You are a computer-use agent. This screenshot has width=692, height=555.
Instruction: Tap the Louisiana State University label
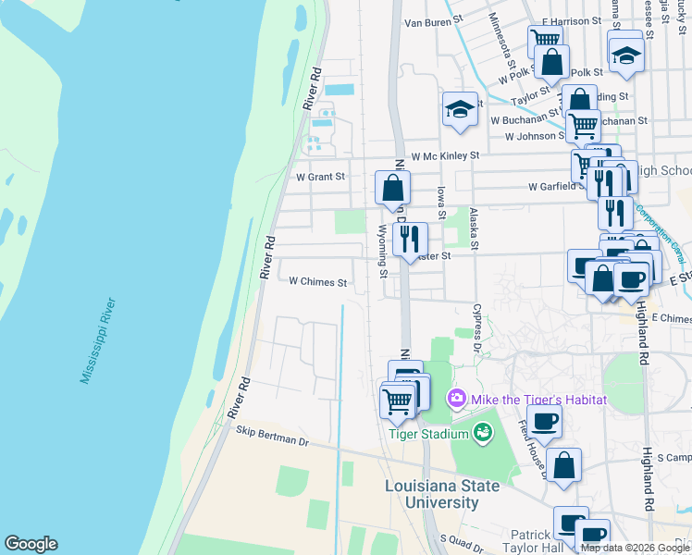pos(443,495)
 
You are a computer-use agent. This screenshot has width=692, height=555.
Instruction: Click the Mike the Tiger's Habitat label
pos(539,400)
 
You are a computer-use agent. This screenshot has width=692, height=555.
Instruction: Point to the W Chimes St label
pos(317,282)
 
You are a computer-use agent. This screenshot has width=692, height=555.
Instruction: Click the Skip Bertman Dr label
pos(271,436)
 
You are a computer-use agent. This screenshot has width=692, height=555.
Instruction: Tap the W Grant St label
pos(320,176)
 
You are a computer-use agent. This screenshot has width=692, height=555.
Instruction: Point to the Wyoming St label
pos(382,250)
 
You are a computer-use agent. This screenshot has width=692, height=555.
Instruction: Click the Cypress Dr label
pos(477,327)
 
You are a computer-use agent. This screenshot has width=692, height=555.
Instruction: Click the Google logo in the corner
pos(31,544)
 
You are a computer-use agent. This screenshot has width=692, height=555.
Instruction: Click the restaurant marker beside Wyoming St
pos(409,239)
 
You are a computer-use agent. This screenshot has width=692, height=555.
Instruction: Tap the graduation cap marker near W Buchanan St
pos(459,110)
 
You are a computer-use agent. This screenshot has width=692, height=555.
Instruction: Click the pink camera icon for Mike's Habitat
pos(456,400)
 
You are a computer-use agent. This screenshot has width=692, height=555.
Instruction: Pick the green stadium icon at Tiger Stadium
pos(482,432)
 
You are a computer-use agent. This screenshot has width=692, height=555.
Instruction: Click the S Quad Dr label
pos(463,538)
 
